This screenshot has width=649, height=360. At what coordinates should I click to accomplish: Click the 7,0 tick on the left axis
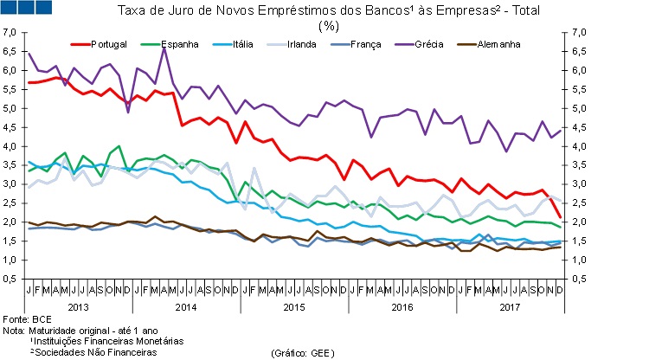pyautogui.click(x=10, y=32)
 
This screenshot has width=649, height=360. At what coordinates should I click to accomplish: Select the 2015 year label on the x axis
pyautogui.click(x=294, y=306)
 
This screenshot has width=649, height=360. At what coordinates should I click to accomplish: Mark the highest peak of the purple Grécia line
pyautogui.click(x=164, y=47)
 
